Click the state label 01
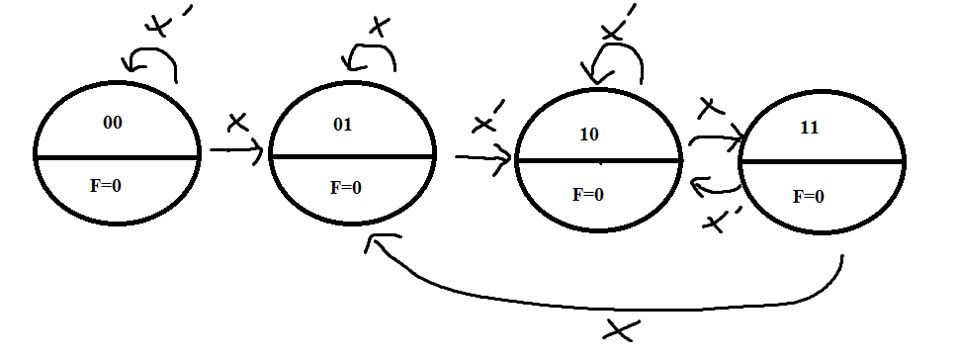[x=343, y=125]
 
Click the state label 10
[x=588, y=135]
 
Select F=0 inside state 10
[x=587, y=194]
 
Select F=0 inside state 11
[x=809, y=196]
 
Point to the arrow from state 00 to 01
[x=235, y=151]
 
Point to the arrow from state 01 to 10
[x=483, y=156]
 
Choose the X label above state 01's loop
[x=378, y=24]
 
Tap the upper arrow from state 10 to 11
[x=715, y=139]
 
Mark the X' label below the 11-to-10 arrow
[x=719, y=220]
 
